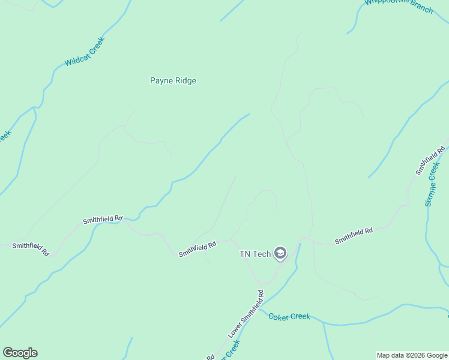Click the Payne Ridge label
click(x=173, y=80)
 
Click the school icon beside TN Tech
click(x=280, y=254)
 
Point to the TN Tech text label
click(x=255, y=254)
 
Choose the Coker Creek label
click(x=289, y=316)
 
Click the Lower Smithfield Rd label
click(x=246, y=314)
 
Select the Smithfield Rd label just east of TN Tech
click(x=354, y=236)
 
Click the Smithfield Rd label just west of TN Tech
click(x=197, y=249)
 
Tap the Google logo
click(x=20, y=353)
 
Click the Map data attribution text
click(x=412, y=355)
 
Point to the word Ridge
click(x=184, y=80)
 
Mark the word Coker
click(x=279, y=316)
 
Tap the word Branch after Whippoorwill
click(x=421, y=8)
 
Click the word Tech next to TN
click(x=262, y=254)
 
